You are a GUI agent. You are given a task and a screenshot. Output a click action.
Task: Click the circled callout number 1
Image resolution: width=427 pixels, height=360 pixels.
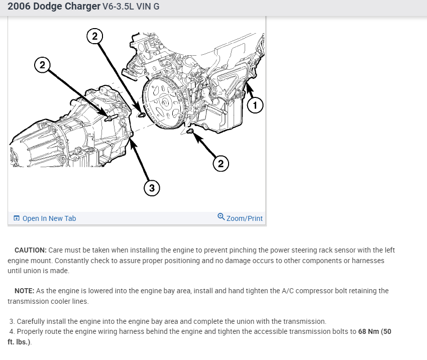click(255, 105)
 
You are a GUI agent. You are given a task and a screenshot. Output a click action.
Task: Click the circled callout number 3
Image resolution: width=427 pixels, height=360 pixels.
click(152, 188)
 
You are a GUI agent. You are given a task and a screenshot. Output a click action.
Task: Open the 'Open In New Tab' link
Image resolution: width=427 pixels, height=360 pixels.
click(49, 218)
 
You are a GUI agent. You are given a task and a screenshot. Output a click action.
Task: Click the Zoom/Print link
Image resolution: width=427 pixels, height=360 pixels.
click(244, 218)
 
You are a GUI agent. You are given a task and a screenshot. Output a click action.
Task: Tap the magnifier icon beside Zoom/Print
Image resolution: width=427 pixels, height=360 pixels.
click(222, 217)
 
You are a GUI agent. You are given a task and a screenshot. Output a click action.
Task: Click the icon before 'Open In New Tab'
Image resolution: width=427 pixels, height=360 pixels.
click(17, 218)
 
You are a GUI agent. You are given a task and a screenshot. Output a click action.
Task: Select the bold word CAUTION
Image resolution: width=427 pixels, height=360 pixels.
click(31, 250)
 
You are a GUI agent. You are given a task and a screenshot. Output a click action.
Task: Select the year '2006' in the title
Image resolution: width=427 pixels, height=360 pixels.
click(19, 8)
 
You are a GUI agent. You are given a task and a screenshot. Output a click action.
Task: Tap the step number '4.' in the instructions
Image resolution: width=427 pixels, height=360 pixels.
click(13, 332)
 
